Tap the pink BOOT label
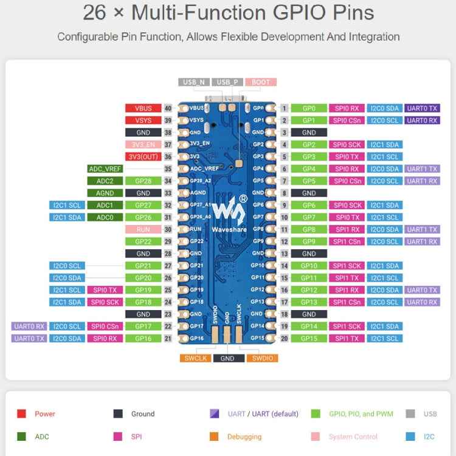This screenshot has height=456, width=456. click(261, 82)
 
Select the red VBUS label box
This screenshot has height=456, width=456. click(143, 108)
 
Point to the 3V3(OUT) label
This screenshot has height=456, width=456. click(143, 156)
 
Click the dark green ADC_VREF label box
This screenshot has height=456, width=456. click(105, 168)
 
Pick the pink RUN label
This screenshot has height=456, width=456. click(143, 229)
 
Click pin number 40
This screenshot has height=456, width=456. click(168, 108)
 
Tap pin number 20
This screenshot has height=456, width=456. click(284, 338)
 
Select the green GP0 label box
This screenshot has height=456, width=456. click(309, 108)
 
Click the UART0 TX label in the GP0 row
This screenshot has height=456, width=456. click(422, 108)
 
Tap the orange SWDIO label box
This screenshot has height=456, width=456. click(261, 358)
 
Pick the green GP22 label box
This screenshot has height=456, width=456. click(143, 241)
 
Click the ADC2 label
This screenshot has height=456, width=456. click(105, 181)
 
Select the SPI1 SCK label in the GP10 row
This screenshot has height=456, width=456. click(347, 266)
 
